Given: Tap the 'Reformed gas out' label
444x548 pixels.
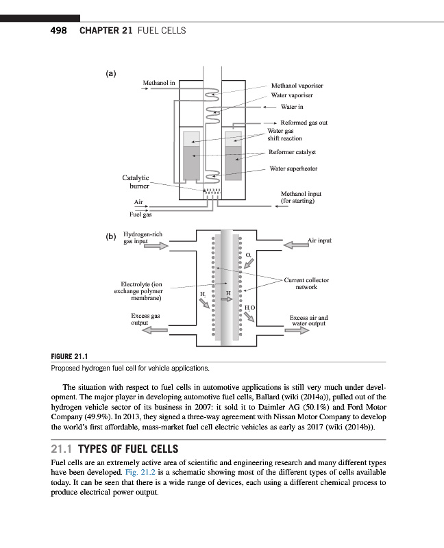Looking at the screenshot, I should tap(304, 123).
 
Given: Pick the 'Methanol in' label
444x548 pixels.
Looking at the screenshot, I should tap(158, 83).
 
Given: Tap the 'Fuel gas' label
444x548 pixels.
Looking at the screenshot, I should tap(140, 214).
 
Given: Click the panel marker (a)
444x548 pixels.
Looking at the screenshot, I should tap(111, 73).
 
